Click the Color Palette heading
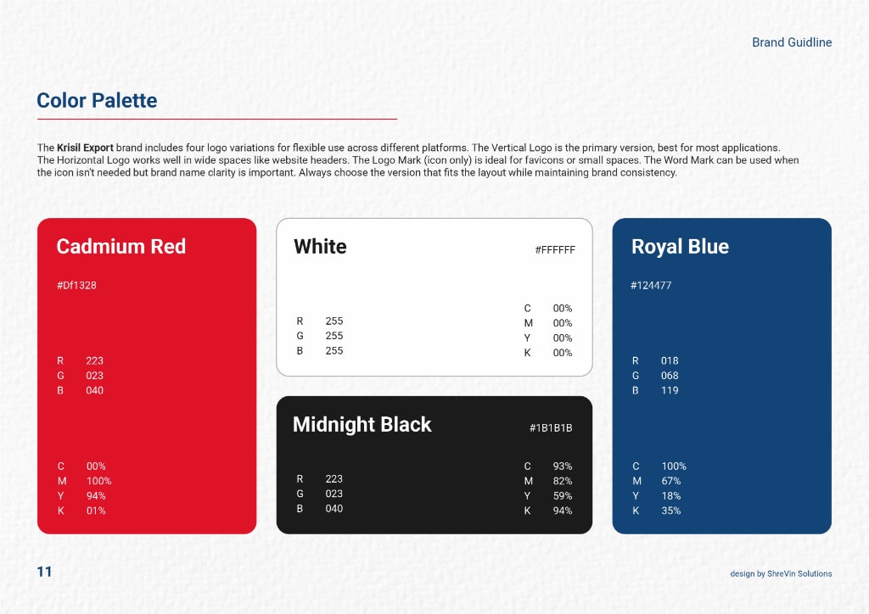click(x=97, y=101)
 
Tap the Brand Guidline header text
click(x=792, y=42)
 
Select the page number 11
click(x=44, y=572)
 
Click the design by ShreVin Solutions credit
click(x=781, y=573)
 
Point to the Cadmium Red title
click(x=121, y=247)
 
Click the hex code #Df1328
click(x=76, y=285)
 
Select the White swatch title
click(x=320, y=247)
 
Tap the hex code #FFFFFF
click(x=555, y=249)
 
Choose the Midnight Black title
click(x=362, y=424)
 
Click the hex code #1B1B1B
click(x=551, y=428)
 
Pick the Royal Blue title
click(x=680, y=247)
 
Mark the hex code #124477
click(x=651, y=285)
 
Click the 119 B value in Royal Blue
click(x=670, y=390)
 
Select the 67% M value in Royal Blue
click(x=671, y=481)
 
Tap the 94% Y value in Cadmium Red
click(x=96, y=496)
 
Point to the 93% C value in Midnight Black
click(x=563, y=466)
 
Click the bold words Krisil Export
click(x=86, y=148)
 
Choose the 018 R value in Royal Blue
click(x=670, y=360)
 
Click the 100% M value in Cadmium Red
click(x=98, y=481)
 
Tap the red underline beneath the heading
click(x=217, y=119)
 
